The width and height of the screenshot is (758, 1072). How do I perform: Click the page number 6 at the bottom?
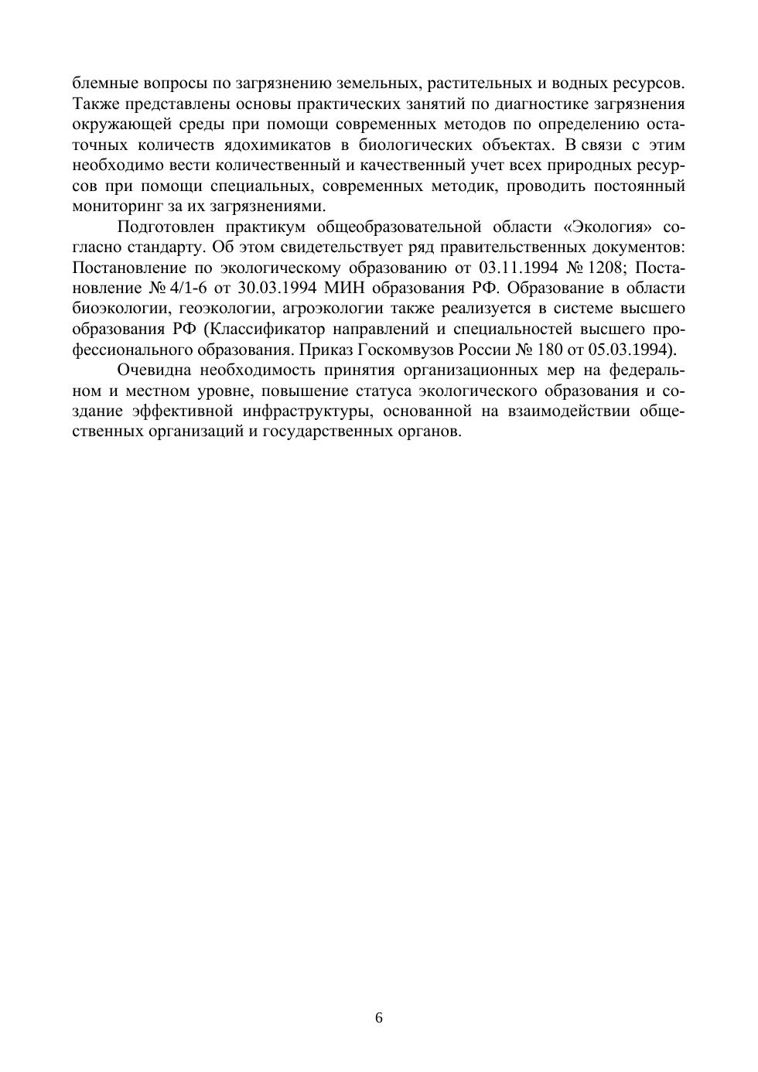click(379, 1018)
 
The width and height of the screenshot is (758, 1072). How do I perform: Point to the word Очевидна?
click(154, 370)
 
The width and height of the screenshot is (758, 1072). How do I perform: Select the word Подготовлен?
click(166, 227)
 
